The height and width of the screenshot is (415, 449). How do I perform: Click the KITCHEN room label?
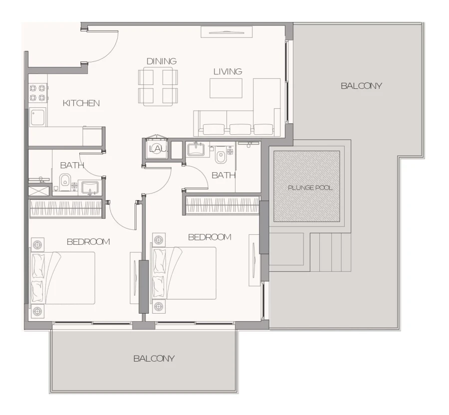click(81, 103)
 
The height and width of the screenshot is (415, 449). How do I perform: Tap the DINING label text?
click(162, 61)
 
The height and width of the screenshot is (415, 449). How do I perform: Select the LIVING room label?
click(227, 71)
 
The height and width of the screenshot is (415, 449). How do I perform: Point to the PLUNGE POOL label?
click(310, 188)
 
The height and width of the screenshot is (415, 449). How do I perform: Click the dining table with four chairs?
click(158, 86)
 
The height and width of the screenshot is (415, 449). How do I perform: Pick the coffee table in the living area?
click(225, 88)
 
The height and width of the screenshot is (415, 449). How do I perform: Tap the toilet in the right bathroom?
click(220, 157)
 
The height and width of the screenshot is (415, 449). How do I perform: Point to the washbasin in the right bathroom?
click(198, 149)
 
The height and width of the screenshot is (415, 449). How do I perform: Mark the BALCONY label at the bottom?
click(154, 359)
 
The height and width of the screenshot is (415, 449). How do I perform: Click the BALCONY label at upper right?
click(361, 86)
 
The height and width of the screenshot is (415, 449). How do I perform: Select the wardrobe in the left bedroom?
click(67, 209)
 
